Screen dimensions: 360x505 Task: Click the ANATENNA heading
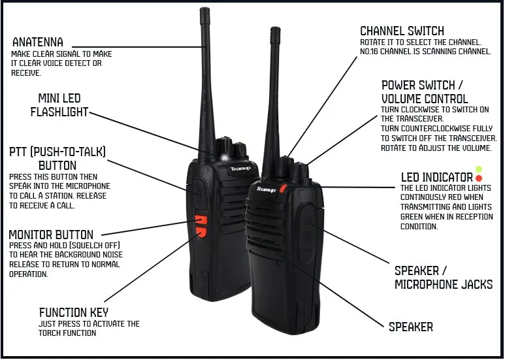[38, 42]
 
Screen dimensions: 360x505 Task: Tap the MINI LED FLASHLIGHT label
[59, 105]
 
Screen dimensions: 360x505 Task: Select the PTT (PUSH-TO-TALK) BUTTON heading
[57, 159]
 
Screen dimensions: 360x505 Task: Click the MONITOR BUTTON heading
[51, 235]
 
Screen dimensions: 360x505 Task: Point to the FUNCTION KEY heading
[74, 312]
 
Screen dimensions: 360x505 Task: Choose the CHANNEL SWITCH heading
[402, 31]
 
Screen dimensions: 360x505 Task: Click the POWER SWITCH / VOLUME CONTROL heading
[425, 92]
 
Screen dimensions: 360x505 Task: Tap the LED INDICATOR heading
[436, 177]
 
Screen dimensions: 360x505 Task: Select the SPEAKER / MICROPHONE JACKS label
[443, 278]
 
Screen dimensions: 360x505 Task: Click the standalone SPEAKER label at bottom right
[410, 327]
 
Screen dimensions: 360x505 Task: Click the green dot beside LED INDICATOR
[479, 169]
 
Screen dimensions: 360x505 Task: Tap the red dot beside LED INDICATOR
[479, 178]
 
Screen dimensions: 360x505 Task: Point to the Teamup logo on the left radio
[240, 168]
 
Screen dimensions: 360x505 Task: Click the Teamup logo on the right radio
[266, 189]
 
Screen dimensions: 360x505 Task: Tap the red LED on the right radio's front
[284, 189]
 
